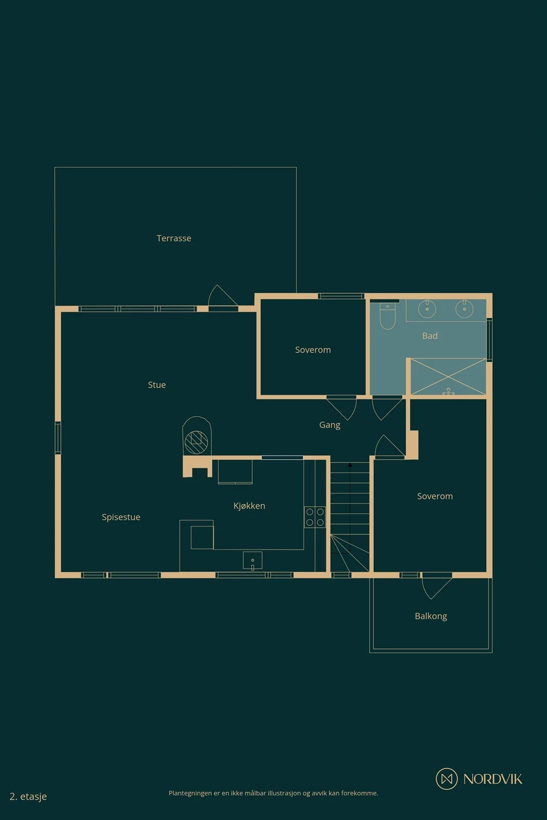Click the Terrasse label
click(x=174, y=238)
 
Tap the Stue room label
click(x=157, y=385)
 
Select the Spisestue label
click(x=121, y=517)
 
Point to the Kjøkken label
click(x=249, y=506)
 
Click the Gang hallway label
click(x=330, y=425)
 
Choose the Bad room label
click(x=430, y=336)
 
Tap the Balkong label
click(x=431, y=616)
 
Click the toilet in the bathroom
click(x=388, y=316)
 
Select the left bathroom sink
click(x=427, y=309)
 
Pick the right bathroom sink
click(x=464, y=309)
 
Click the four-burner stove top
click(x=315, y=517)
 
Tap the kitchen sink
click(x=253, y=561)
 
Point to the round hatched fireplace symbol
click(x=197, y=442)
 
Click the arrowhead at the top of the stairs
click(x=350, y=465)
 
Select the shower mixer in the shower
click(x=448, y=392)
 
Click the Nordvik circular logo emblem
click(x=447, y=778)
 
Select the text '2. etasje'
click(x=28, y=796)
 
